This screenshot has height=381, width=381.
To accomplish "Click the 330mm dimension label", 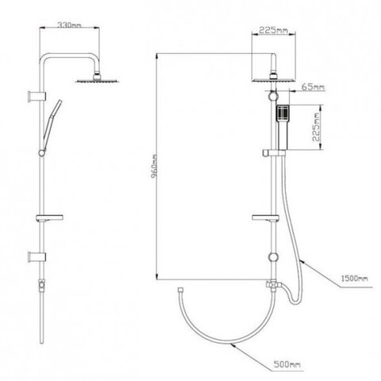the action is [x=69, y=25].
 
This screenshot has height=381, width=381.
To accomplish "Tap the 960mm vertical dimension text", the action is [x=155, y=167].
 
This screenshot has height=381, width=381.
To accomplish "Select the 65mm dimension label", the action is [x=314, y=87].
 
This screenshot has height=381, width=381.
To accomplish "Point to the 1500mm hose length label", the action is [x=354, y=278].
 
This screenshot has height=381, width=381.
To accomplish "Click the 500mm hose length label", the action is [x=287, y=364].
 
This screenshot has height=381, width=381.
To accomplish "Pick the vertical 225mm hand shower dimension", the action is [x=317, y=127].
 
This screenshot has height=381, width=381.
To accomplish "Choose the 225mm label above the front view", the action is [x=273, y=30].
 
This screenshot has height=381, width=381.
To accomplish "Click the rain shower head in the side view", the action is [x=98, y=79].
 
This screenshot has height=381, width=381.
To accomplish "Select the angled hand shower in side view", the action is [x=52, y=125].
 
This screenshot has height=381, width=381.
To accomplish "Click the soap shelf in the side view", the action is [x=49, y=217].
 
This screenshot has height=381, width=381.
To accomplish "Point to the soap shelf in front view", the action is [x=265, y=217].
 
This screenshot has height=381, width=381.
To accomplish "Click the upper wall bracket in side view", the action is [x=37, y=96].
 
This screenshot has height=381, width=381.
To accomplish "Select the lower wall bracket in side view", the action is [x=37, y=257].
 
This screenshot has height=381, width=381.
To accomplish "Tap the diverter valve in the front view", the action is [x=272, y=285].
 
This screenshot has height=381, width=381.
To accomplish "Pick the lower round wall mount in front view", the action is [x=273, y=257].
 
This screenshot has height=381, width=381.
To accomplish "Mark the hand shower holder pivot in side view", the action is [x=42, y=152].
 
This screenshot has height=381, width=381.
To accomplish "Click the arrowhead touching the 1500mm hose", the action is [x=303, y=262].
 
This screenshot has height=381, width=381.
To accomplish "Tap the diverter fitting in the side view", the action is [x=42, y=285].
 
